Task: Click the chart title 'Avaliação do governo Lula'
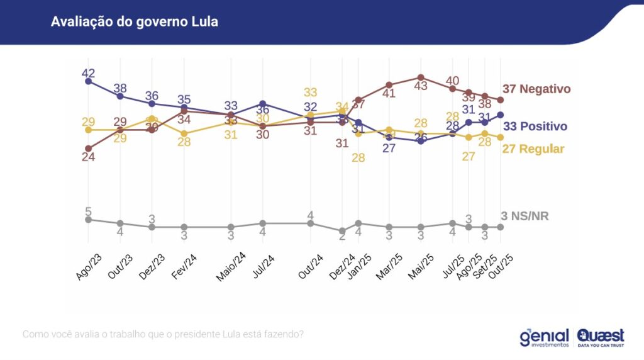(x=134, y=21)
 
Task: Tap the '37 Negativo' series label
(x=536, y=89)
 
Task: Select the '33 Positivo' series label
(x=535, y=127)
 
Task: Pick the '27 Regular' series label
(x=533, y=149)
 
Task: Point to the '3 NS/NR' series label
(x=525, y=217)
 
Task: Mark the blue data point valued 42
(x=88, y=81)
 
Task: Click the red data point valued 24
(x=88, y=149)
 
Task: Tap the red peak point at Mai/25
(x=421, y=77)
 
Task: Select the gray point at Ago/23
(x=88, y=220)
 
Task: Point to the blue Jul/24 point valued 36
(x=263, y=103)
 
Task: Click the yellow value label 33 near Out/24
(x=310, y=93)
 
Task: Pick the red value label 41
(x=389, y=94)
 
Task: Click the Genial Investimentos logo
(x=544, y=337)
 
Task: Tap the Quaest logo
(x=601, y=337)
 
